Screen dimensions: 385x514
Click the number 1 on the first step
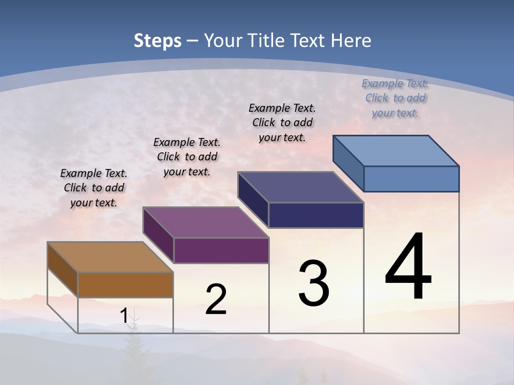[x=124, y=316]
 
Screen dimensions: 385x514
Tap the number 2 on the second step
[x=216, y=299]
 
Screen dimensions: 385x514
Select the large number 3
[x=313, y=283]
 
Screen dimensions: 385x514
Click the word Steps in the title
[x=157, y=41]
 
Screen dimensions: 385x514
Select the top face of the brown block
[x=110, y=257]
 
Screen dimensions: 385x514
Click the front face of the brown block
[x=125, y=285]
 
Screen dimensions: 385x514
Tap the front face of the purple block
[x=221, y=250]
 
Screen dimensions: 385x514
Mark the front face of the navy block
[x=316, y=215]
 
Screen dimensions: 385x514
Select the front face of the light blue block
[x=411, y=179]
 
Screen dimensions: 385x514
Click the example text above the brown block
[x=94, y=188]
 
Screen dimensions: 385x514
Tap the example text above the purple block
[x=187, y=157]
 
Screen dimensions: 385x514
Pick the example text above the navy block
[x=282, y=122]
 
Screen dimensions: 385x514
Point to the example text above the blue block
[x=395, y=98]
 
